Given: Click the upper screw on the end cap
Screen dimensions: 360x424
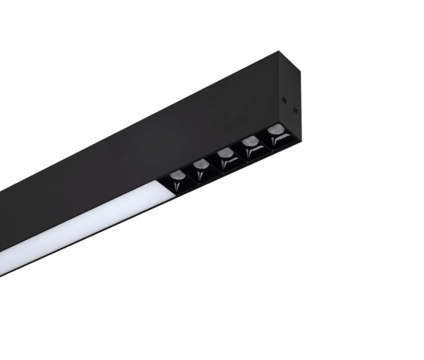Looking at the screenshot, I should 285,100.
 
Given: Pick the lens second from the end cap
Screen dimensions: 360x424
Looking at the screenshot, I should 250,141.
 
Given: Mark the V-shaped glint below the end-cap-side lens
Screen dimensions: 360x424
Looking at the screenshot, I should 274,142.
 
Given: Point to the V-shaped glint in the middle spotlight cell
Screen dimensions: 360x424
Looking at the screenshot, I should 225,164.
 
